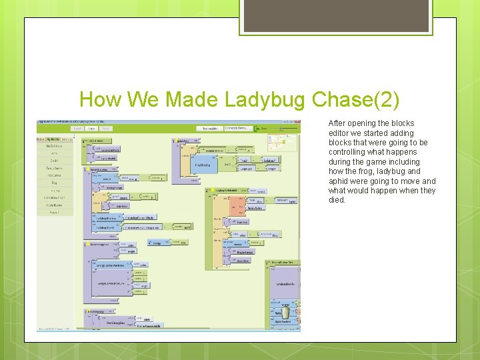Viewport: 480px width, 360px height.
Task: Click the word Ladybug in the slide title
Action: pyautogui.click(x=262, y=100)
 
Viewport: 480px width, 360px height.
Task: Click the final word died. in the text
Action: pyautogui.click(x=337, y=200)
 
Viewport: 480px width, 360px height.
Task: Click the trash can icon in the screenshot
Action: pyautogui.click(x=285, y=313)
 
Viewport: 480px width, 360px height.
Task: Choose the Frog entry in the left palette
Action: pyautogui.click(x=55, y=183)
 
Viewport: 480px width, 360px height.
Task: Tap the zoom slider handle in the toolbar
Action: pyautogui.click(x=279, y=128)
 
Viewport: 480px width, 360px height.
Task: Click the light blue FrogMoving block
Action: pyautogui.click(x=204, y=165)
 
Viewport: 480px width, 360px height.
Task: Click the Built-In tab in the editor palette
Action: pyautogui.click(x=41, y=139)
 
